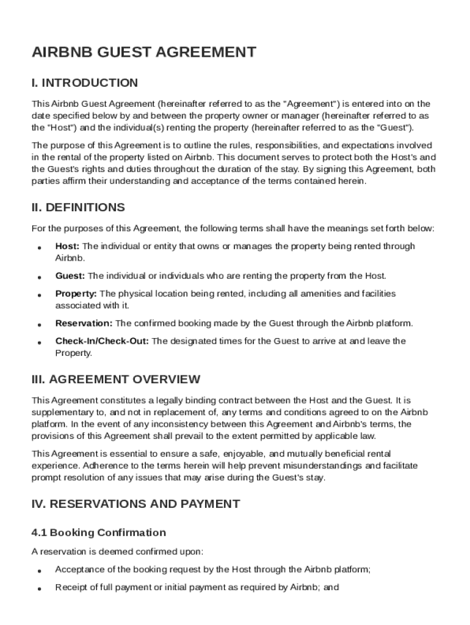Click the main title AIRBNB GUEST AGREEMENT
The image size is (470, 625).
(143, 52)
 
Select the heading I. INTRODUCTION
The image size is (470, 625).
(85, 83)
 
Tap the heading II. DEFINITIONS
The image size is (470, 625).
(78, 208)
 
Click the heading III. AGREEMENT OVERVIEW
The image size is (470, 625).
(115, 380)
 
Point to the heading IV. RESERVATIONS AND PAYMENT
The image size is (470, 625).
(136, 504)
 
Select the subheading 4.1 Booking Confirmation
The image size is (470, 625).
(98, 533)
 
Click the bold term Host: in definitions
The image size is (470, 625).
(67, 246)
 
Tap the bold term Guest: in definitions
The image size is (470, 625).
(70, 276)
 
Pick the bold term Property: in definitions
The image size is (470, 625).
(76, 294)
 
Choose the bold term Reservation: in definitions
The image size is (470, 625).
(84, 323)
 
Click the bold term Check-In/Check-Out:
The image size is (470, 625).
(102, 341)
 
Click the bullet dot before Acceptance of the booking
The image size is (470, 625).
(39, 571)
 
